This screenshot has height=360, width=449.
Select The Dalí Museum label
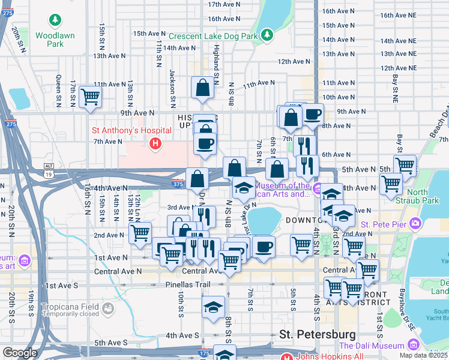click(x=372, y=346)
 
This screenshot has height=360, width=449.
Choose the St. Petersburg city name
click(x=318, y=334)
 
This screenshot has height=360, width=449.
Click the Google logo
click(x=20, y=353)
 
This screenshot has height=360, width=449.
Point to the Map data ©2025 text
click(x=424, y=356)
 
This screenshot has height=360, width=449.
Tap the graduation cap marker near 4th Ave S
click(x=213, y=307)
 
